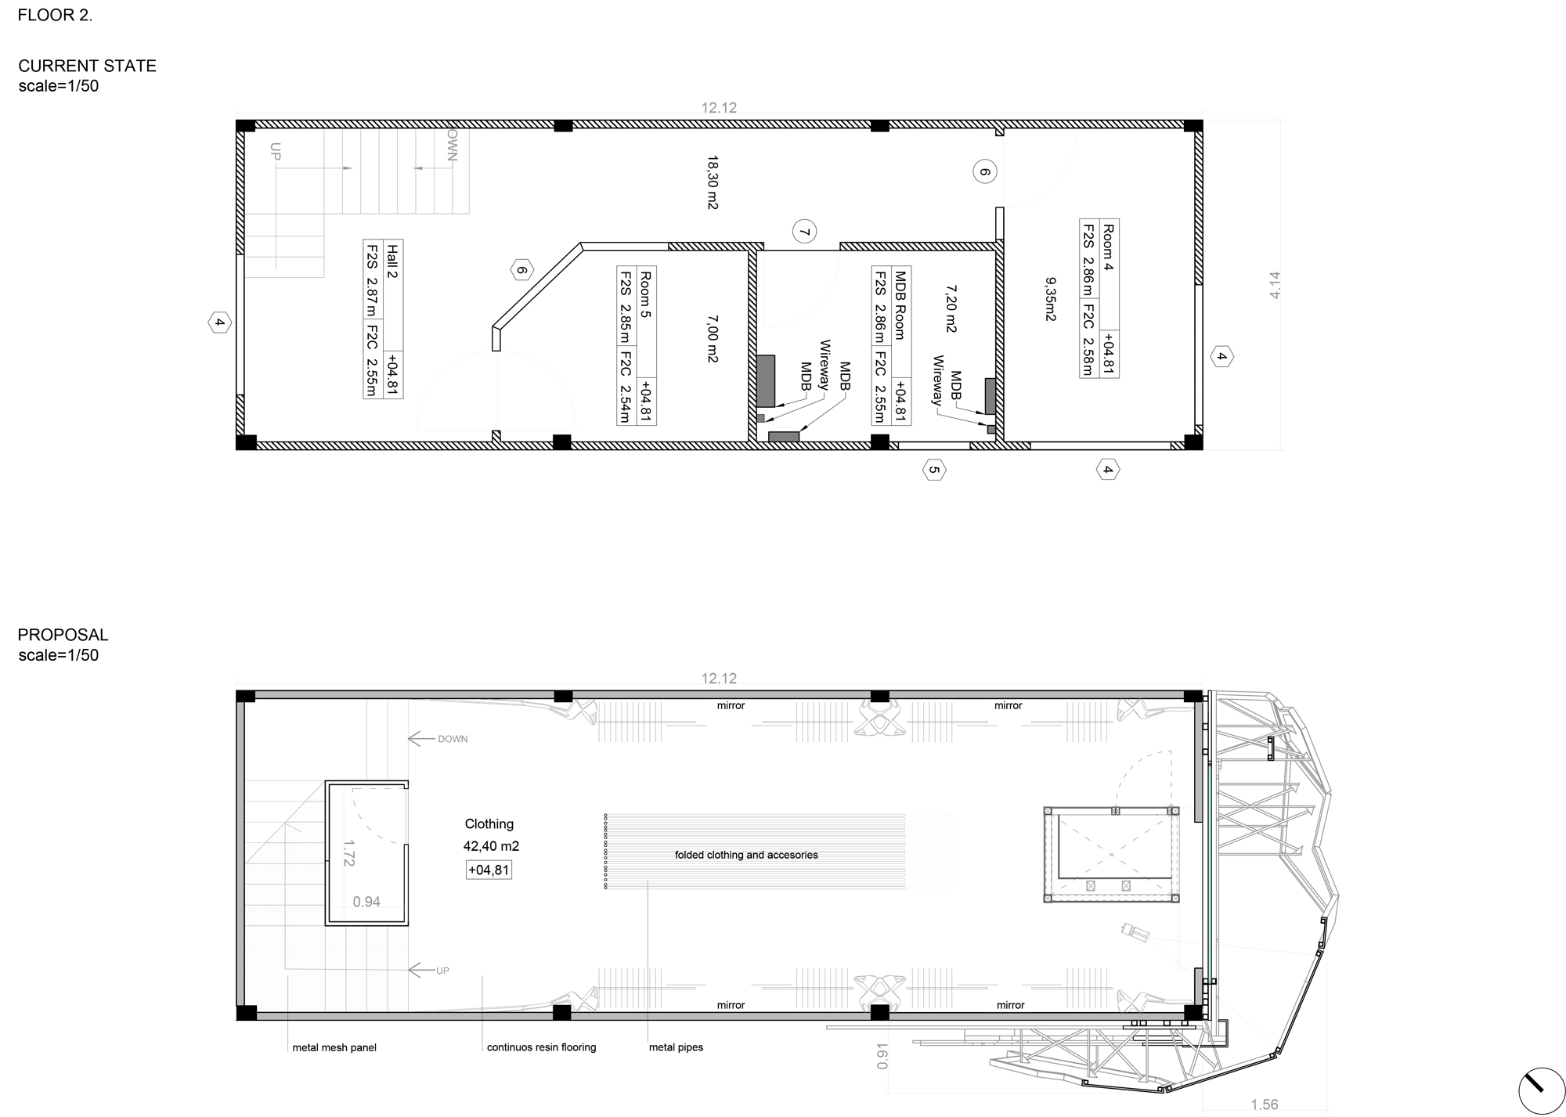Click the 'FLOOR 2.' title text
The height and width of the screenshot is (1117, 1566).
pos(55,15)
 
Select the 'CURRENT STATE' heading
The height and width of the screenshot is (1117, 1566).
pos(87,66)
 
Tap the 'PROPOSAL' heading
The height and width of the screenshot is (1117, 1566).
pos(63,635)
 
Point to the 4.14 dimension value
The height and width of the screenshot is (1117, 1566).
pos(1275,284)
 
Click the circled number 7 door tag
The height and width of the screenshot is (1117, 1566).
pos(804,232)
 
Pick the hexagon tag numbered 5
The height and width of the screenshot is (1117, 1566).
pos(933,470)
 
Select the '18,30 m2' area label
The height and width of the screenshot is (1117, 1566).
pos(713,182)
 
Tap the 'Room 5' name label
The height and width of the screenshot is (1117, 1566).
pos(646,294)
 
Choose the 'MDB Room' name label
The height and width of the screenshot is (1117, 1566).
pos(900,306)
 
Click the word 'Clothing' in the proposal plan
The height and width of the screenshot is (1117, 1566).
pos(489,823)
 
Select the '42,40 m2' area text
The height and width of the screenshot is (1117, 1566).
pos(491,846)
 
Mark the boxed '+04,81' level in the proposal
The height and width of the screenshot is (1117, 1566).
pos(489,870)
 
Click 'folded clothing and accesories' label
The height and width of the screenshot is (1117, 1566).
pos(746,855)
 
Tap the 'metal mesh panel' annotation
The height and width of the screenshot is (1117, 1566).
pos(334,1047)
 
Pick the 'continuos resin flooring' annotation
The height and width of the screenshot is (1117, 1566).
pos(541,1047)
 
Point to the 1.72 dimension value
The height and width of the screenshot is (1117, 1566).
pos(349,853)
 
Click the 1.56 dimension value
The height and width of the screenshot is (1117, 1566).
pos(1264,1104)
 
